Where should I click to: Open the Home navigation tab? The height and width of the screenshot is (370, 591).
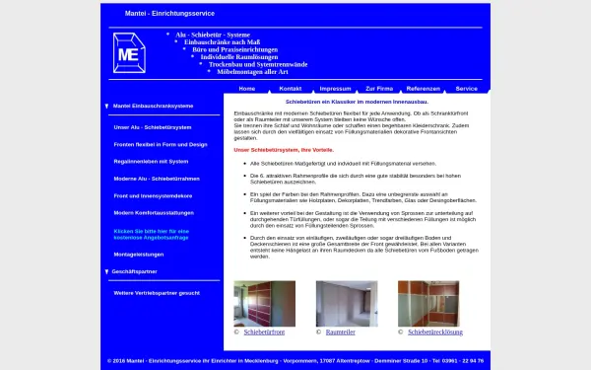tap(246, 88)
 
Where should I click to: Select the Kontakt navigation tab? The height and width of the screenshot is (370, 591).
tap(291, 88)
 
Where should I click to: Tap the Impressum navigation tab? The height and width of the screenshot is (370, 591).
tap(335, 88)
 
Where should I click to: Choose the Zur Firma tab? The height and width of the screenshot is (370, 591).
tap(379, 88)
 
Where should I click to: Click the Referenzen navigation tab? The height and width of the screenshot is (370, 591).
tap(424, 88)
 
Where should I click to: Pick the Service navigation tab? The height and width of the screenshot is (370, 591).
tap(467, 88)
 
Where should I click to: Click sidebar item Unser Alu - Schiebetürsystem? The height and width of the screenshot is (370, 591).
tap(152, 127)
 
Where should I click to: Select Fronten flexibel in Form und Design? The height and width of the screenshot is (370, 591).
tap(160, 144)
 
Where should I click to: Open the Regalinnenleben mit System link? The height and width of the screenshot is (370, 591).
tap(150, 161)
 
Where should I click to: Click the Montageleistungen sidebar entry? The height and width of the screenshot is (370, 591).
tap(139, 253)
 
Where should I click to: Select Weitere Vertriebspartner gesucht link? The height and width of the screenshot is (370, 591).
tap(157, 293)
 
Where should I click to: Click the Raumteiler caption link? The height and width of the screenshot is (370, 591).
tap(341, 333)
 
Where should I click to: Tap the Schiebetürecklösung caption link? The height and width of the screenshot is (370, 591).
tap(433, 333)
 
